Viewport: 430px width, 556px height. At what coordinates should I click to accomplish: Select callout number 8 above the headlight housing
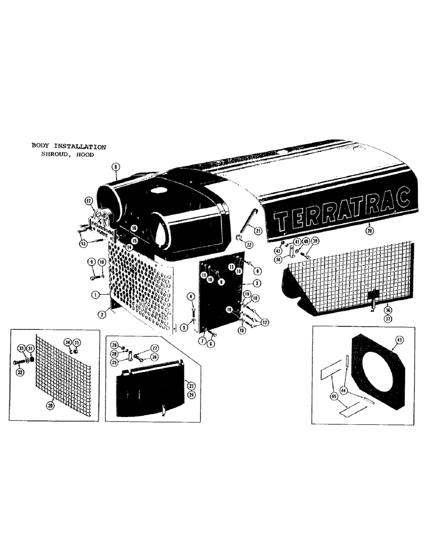tap(115, 166)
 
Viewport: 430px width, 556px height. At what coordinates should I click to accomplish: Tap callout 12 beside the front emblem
tap(89, 201)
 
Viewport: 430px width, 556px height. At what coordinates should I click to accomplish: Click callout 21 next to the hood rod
tap(258, 231)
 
